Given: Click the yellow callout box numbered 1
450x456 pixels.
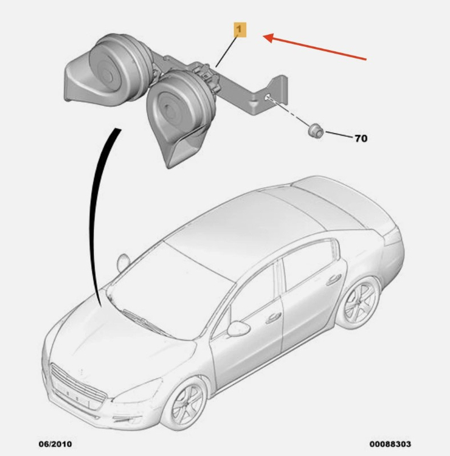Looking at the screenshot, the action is pos(240,30).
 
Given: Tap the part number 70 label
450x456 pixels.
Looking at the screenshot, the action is pos(361,139).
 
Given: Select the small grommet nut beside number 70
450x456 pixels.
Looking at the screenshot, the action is pos(316,131).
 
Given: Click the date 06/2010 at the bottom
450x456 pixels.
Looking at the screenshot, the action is pos(55,444).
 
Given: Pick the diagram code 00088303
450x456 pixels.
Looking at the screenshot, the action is pos(390,444).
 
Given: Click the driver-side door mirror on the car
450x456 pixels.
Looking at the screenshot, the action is pos(239,328).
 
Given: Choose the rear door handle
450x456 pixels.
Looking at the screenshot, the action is pos(333,279).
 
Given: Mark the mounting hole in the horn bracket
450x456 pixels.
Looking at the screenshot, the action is pos(267,97).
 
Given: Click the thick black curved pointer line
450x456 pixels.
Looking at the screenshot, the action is pos(94,215).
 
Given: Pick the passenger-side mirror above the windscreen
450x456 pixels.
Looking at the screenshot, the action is pos(123,263).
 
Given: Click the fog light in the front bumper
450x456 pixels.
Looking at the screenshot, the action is pos(124,420).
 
